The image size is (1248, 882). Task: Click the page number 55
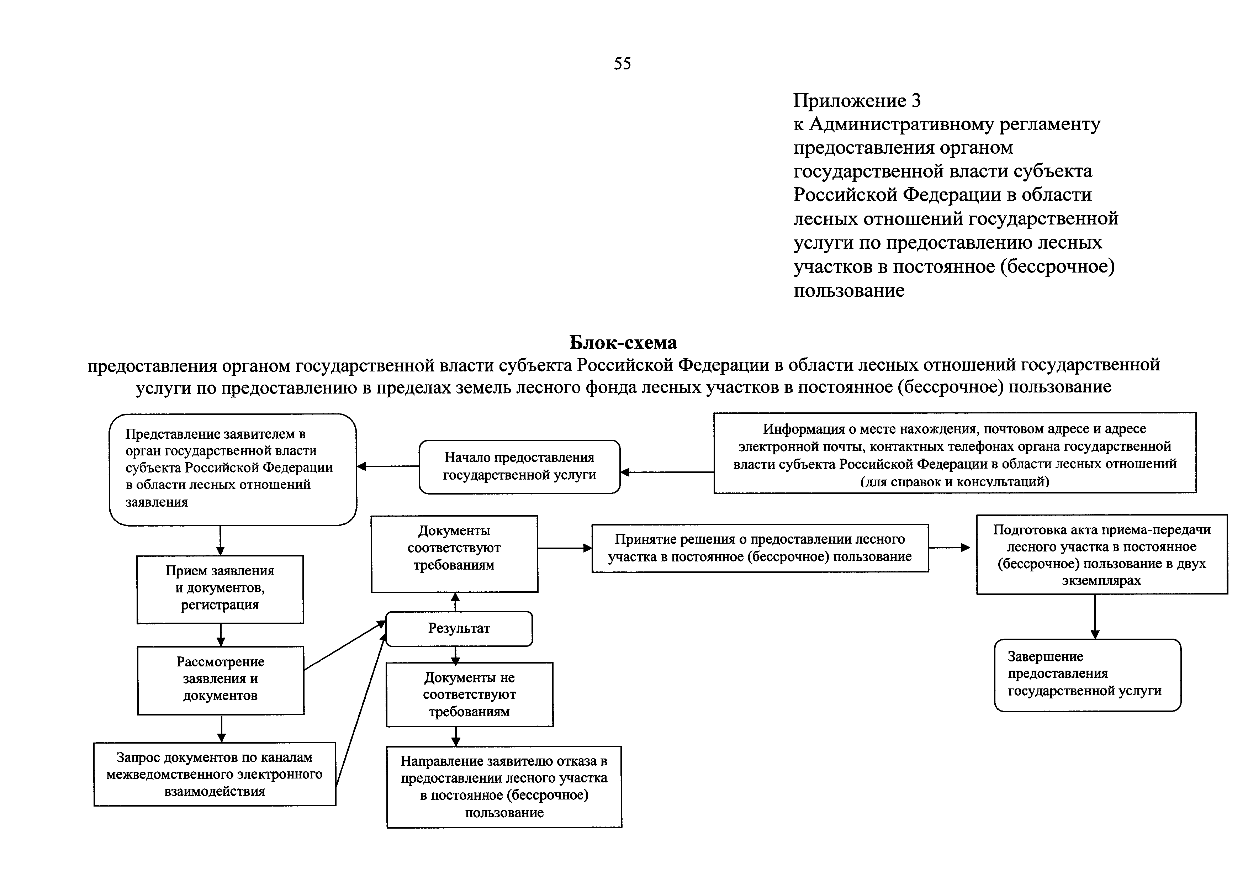point(622,64)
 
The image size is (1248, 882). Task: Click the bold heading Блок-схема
point(623,342)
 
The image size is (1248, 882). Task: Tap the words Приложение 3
point(857,101)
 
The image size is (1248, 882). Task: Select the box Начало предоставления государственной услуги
point(519,466)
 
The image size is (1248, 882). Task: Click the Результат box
point(459,629)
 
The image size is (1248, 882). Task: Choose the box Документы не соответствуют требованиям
point(469,694)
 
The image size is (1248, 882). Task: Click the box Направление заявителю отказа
point(504,786)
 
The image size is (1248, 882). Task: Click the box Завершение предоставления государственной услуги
point(1087,675)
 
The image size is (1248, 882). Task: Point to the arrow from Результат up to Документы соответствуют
point(455,602)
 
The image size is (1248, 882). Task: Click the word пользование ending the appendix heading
point(849,291)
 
